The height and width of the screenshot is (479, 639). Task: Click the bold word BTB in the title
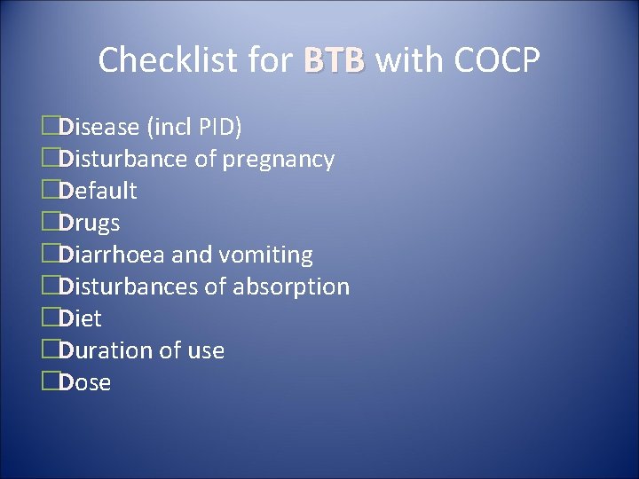click(x=334, y=60)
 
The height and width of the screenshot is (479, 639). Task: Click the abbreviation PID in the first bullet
click(x=217, y=127)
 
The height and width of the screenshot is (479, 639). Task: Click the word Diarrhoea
click(x=112, y=255)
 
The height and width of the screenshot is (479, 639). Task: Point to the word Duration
click(x=106, y=350)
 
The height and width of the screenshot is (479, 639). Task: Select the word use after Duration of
click(x=205, y=351)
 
